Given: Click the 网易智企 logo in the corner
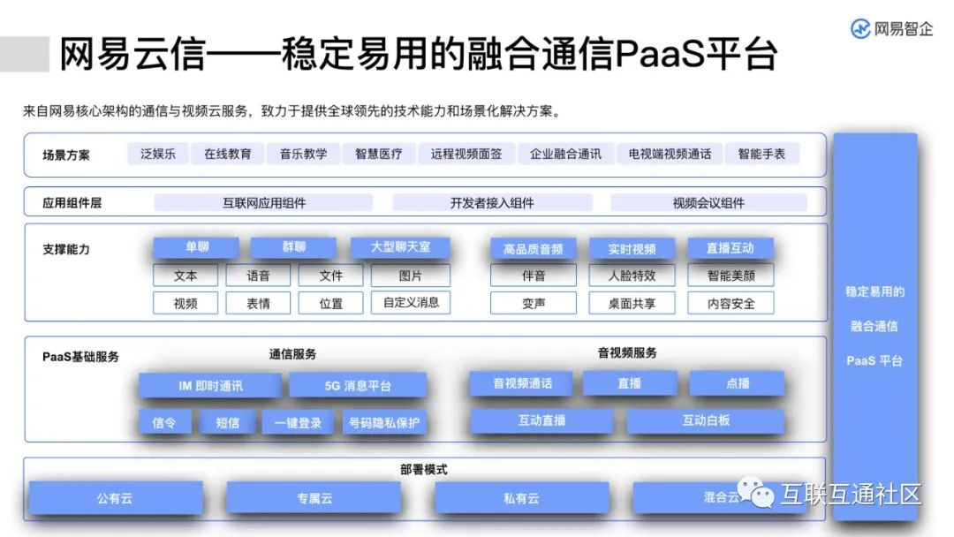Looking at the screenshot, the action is (x=891, y=28).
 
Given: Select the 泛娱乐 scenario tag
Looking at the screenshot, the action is (x=158, y=154).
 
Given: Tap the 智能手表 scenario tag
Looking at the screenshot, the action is (x=761, y=154).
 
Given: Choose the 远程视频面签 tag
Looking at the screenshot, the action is (x=466, y=154).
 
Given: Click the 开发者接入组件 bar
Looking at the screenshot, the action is (x=492, y=203).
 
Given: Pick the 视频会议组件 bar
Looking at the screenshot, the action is (x=708, y=203).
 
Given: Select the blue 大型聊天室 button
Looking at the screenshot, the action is (x=400, y=248).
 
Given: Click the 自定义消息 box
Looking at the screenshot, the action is (x=411, y=302).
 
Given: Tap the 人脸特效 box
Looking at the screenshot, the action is (x=632, y=276).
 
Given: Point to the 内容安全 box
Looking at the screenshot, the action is (x=731, y=303).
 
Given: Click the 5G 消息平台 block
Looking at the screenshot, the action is (x=358, y=386).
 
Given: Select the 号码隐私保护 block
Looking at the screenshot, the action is (x=384, y=423).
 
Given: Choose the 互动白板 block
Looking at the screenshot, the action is (x=706, y=421).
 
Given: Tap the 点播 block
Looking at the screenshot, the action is (x=737, y=383).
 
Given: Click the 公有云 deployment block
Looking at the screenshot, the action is (x=115, y=498).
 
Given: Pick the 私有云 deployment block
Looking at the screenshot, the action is (x=521, y=498).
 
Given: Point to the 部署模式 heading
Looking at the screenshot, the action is (x=424, y=470).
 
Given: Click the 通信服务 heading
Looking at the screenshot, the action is (x=292, y=354).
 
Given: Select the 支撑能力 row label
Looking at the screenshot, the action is (x=66, y=250).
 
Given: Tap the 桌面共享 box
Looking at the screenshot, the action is (x=632, y=303).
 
